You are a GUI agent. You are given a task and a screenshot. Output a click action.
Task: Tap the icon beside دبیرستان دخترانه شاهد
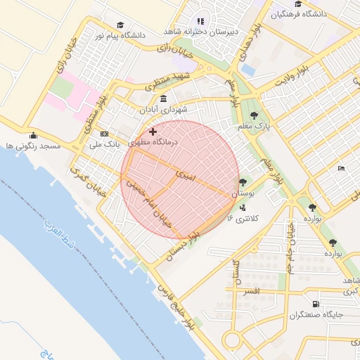point(200,21)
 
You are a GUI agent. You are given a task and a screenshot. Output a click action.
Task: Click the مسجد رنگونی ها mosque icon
point(32,136)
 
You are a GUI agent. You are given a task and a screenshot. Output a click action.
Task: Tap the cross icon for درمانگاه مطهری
point(153,131)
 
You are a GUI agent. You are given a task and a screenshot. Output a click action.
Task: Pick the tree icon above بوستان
point(243,182)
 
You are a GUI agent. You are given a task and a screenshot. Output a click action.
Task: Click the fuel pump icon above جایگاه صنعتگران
point(315,304)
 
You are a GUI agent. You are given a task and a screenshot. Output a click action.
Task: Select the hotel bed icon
point(341,169)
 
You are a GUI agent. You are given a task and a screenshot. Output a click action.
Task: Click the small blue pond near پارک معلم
point(247,70)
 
